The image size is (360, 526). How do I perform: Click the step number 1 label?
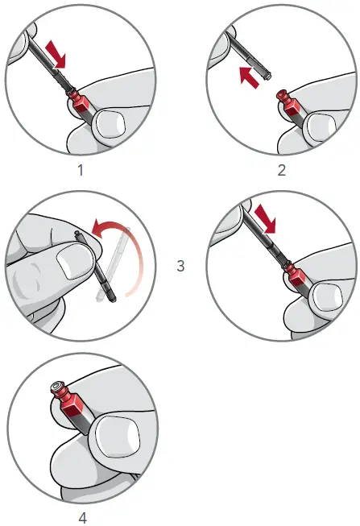pos(81,171)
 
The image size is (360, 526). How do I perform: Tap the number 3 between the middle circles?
pos(180,264)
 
